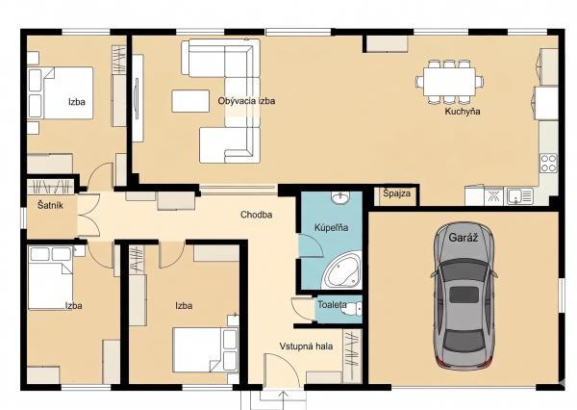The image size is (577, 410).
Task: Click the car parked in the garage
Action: pyautogui.click(x=464, y=295)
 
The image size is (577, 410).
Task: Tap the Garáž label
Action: pyautogui.click(x=464, y=238)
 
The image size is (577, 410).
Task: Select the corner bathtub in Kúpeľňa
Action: pyautogui.click(x=342, y=270)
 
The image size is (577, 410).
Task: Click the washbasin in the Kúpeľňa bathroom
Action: pyautogui.click(x=340, y=197)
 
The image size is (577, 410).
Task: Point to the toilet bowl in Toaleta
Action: pyautogui.click(x=351, y=309)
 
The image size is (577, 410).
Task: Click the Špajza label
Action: pyautogui.click(x=396, y=193)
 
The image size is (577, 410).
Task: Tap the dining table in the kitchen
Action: pyautogui.click(x=449, y=82)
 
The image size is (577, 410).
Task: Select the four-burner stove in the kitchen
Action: pyautogui.click(x=548, y=164)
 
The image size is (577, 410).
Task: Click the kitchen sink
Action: pyautogui.click(x=520, y=196)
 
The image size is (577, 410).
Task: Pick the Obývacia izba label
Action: pyautogui.click(x=246, y=101)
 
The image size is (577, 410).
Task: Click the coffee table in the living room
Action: pyautogui.click(x=190, y=101)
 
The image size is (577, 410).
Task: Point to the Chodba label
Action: pyautogui.click(x=256, y=215)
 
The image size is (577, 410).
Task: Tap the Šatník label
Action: pyautogui.click(x=50, y=205)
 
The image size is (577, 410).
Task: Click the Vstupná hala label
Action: pyautogui.click(x=306, y=346)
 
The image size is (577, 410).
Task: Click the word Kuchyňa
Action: pyautogui.click(x=463, y=112)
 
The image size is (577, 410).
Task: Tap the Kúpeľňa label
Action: pyautogui.click(x=331, y=228)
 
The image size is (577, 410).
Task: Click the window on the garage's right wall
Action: pyautogui.click(x=562, y=294)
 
